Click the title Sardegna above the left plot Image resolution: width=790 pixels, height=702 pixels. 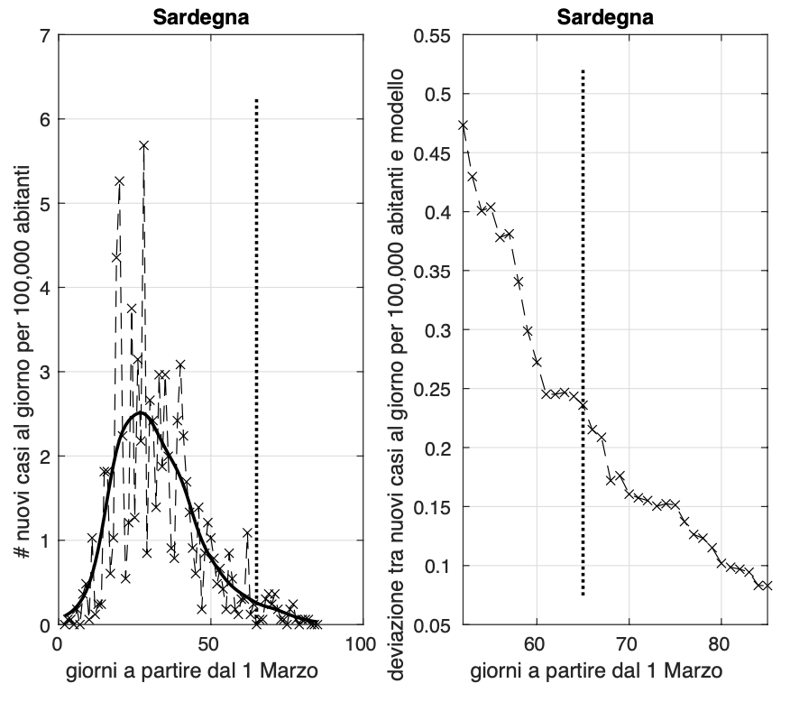188,18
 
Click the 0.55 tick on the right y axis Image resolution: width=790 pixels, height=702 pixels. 437,36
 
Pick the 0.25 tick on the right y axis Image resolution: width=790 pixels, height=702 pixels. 437,389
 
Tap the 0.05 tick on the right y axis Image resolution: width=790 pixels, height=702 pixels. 437,624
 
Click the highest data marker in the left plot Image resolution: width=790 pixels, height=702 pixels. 143,145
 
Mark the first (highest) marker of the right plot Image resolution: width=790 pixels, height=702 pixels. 464,125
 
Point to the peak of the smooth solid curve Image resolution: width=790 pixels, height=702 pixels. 141,413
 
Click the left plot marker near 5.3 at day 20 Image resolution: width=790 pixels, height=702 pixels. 119,181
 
